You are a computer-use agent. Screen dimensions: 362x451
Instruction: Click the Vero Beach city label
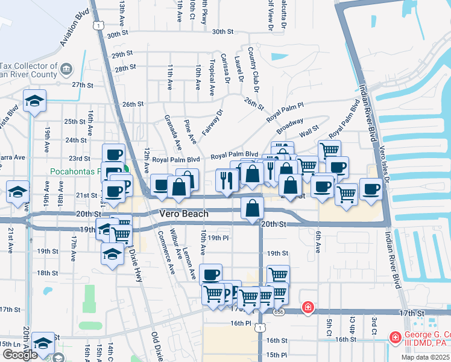(184, 214)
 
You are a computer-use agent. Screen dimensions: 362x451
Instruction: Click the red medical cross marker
(308, 308)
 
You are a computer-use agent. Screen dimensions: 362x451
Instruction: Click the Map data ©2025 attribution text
(424, 357)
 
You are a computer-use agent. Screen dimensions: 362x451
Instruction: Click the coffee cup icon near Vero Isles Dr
(371, 189)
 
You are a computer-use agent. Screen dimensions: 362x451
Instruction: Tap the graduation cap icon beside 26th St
(34, 101)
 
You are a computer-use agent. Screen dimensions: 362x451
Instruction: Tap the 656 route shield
(277, 312)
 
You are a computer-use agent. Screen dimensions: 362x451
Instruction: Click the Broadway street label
(290, 127)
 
